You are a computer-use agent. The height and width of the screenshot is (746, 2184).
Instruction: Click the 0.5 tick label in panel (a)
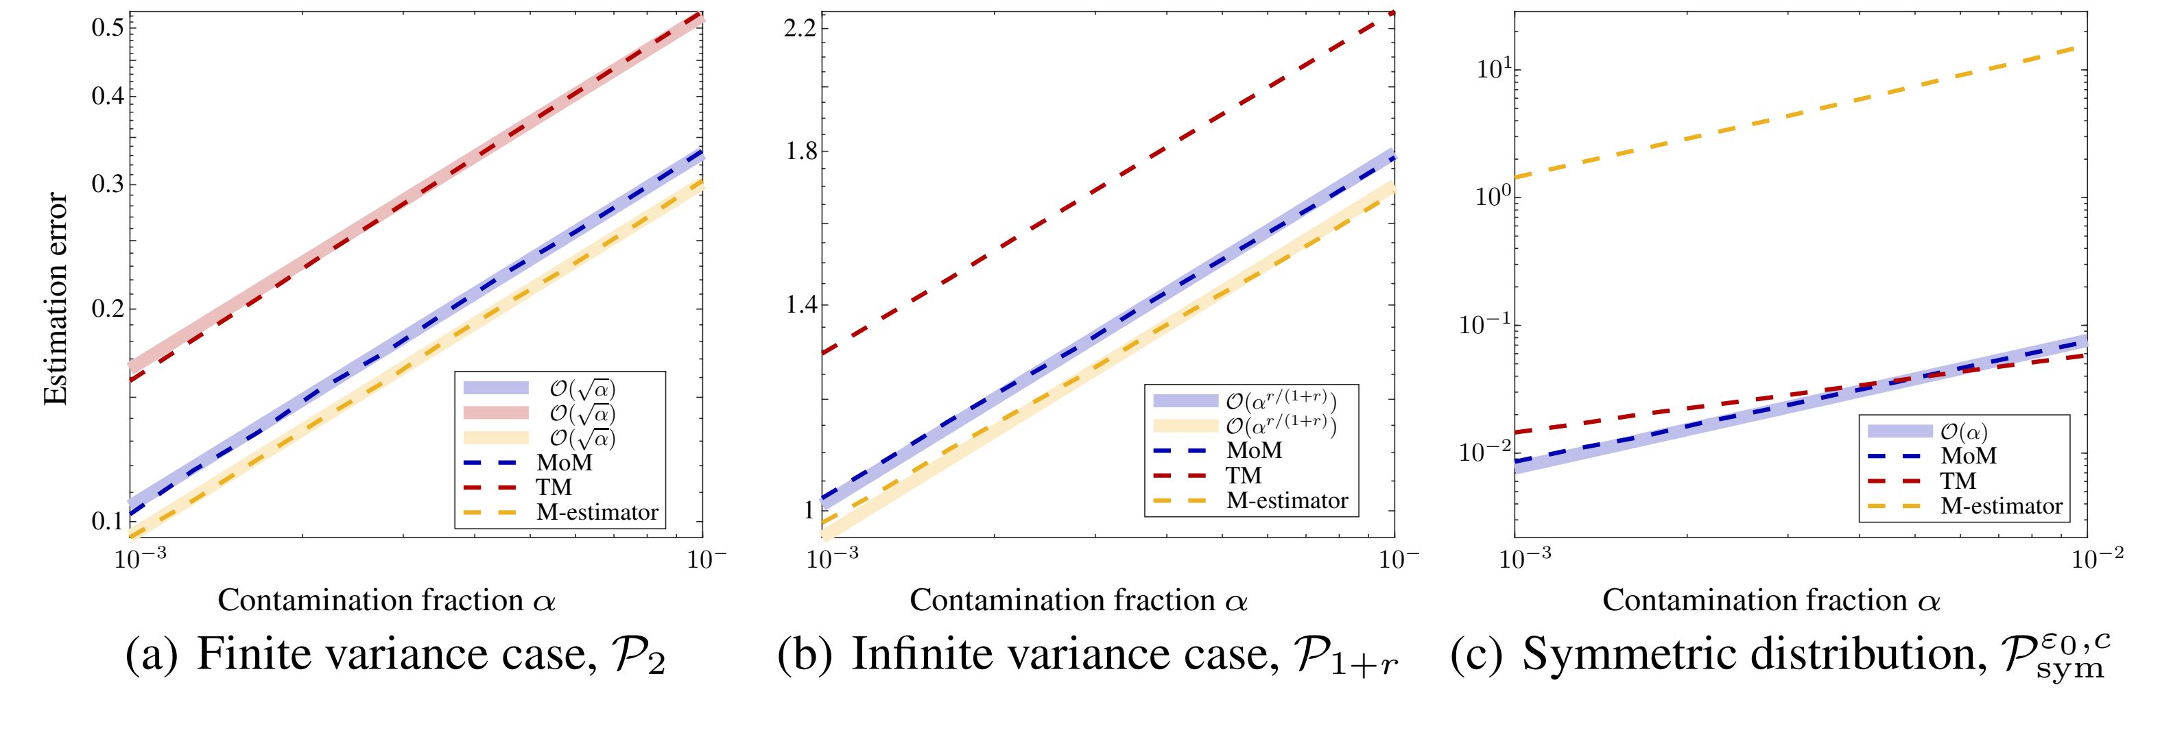(108, 27)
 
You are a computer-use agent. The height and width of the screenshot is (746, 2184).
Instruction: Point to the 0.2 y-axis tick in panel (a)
(108, 309)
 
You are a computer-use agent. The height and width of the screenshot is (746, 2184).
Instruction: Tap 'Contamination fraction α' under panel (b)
(1078, 600)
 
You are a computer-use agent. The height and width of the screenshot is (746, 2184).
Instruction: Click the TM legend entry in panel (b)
(1243, 476)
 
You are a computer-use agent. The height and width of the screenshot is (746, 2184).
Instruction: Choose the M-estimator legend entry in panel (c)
(2001, 506)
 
